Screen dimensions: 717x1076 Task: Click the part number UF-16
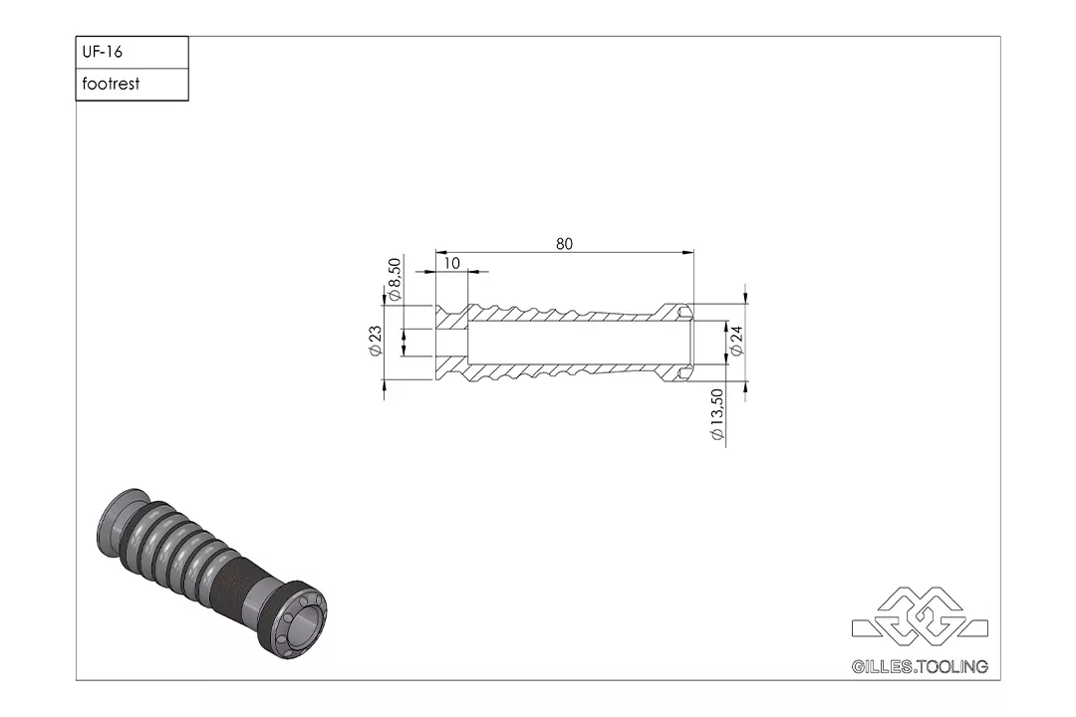[x=103, y=52]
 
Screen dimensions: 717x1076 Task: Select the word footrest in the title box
[x=111, y=85]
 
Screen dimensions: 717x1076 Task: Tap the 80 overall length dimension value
[x=565, y=244]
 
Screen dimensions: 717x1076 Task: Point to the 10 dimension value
[x=451, y=263]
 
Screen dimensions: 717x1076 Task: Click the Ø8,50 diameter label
[x=395, y=280]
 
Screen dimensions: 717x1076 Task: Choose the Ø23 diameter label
[x=376, y=341]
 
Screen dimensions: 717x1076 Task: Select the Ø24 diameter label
[x=737, y=341]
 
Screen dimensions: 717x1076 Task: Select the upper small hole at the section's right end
[x=683, y=314]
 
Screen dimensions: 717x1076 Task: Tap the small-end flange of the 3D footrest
[x=122, y=518]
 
